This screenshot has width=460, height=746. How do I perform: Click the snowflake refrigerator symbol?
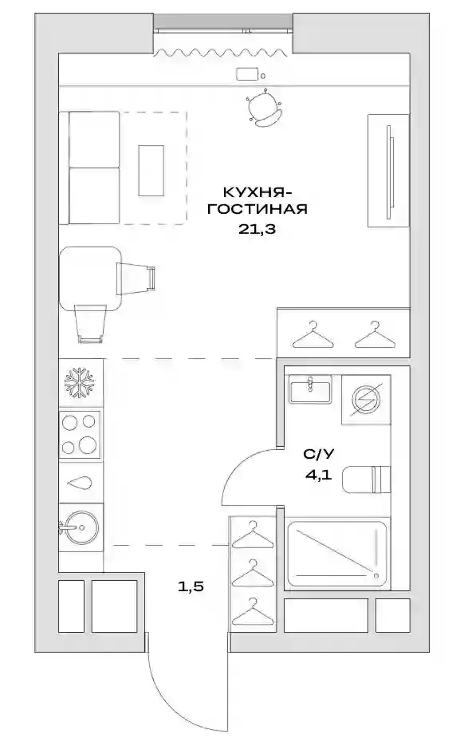pos(80,382)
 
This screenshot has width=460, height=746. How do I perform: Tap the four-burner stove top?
pos(80,434)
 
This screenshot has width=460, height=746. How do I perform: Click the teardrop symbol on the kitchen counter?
pos(80,483)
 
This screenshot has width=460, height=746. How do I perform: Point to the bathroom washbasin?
pos(310,389)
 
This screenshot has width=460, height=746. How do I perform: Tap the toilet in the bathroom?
pos(366,479)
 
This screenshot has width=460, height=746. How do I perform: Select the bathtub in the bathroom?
pos(337,554)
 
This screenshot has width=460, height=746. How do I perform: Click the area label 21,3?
pos(257,229)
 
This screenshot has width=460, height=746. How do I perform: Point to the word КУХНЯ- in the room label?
pos(257,192)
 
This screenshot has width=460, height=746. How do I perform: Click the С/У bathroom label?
pos(319,454)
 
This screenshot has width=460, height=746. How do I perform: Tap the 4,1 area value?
pos(319,475)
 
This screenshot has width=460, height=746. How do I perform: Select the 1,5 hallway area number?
pos(191,586)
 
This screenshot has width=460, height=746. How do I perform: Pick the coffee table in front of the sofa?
pos(151,170)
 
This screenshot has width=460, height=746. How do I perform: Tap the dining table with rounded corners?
pos(88,278)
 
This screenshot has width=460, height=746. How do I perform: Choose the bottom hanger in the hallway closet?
pos(254,612)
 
